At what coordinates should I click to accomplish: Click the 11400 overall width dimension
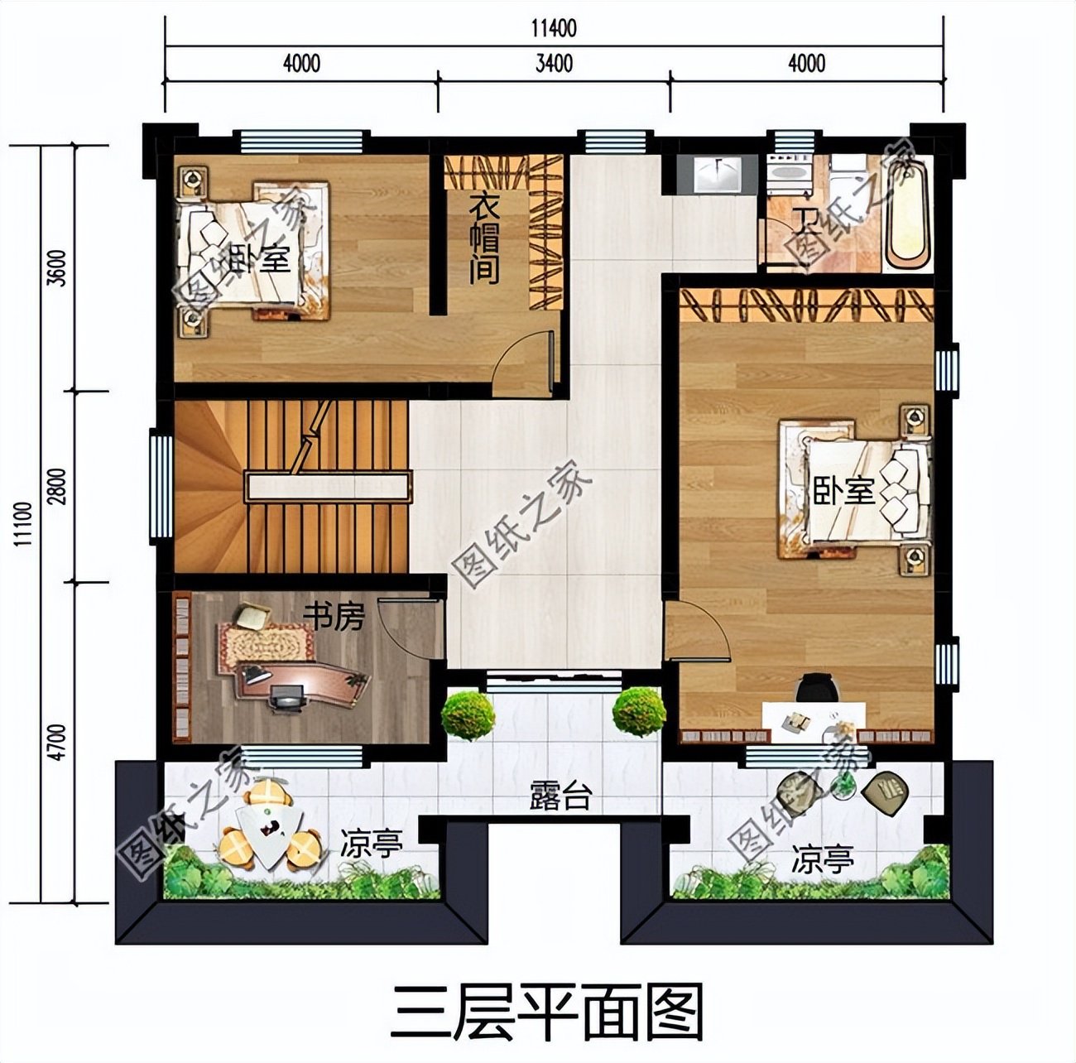click(553, 29)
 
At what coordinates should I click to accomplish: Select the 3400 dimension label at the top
click(554, 64)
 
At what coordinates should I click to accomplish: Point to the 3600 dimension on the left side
click(57, 267)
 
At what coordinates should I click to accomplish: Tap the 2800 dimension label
click(57, 484)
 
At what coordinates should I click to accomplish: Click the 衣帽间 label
click(483, 239)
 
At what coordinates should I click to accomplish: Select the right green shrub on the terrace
click(638, 711)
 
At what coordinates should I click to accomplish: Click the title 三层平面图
click(547, 1011)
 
